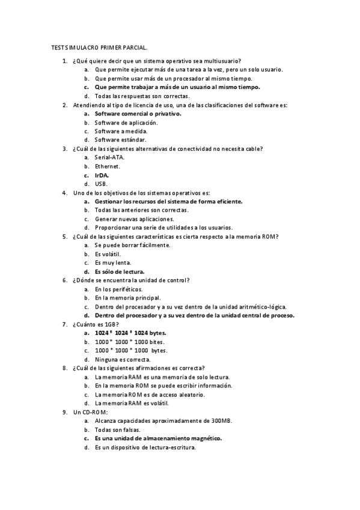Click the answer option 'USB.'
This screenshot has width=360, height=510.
tap(101, 183)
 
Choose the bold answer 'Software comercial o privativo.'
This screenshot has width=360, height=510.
tap(138, 113)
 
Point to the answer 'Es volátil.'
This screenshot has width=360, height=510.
tap(108, 254)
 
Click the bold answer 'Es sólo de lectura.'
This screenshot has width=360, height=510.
tap(120, 271)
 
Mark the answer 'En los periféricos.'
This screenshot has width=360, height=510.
tap(119, 289)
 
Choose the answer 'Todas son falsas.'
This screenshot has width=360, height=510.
tap(118, 430)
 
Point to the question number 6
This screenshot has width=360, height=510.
tap(65, 280)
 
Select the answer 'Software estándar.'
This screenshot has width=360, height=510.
tap(121, 140)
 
